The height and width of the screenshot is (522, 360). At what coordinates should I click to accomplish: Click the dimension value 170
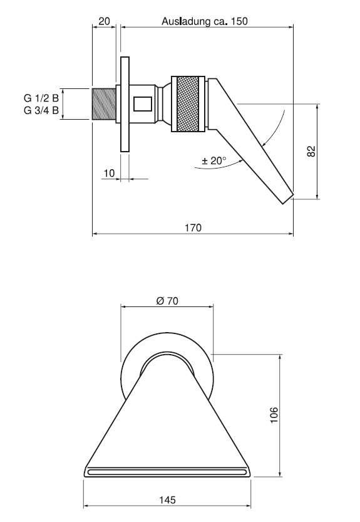(x=193, y=227)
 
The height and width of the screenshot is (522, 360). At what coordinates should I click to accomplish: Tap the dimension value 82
(x=311, y=152)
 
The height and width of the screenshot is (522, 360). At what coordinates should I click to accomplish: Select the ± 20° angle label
(x=214, y=161)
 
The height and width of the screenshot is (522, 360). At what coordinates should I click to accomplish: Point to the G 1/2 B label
(x=41, y=98)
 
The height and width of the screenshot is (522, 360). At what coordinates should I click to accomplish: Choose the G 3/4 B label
(x=41, y=110)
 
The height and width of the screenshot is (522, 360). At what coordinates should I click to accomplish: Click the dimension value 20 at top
(x=104, y=21)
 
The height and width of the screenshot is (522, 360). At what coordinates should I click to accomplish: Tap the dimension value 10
(x=109, y=173)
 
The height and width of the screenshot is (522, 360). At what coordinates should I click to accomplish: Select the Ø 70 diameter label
(x=167, y=301)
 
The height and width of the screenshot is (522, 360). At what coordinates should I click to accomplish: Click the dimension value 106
(x=274, y=415)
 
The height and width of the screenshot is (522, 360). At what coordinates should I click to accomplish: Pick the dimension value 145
(x=167, y=499)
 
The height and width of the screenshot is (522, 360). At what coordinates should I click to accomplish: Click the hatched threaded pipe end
(x=103, y=104)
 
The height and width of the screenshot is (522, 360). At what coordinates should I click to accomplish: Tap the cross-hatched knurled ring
(x=188, y=104)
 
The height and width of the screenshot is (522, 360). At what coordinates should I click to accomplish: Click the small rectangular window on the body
(x=143, y=103)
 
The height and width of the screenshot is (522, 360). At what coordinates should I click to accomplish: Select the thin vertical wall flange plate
(x=125, y=104)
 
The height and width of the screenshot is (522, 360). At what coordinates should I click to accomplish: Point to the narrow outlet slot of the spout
(x=167, y=472)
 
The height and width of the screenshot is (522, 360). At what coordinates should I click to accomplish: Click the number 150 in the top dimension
(x=239, y=21)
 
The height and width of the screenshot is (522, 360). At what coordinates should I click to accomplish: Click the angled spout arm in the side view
(x=253, y=140)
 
